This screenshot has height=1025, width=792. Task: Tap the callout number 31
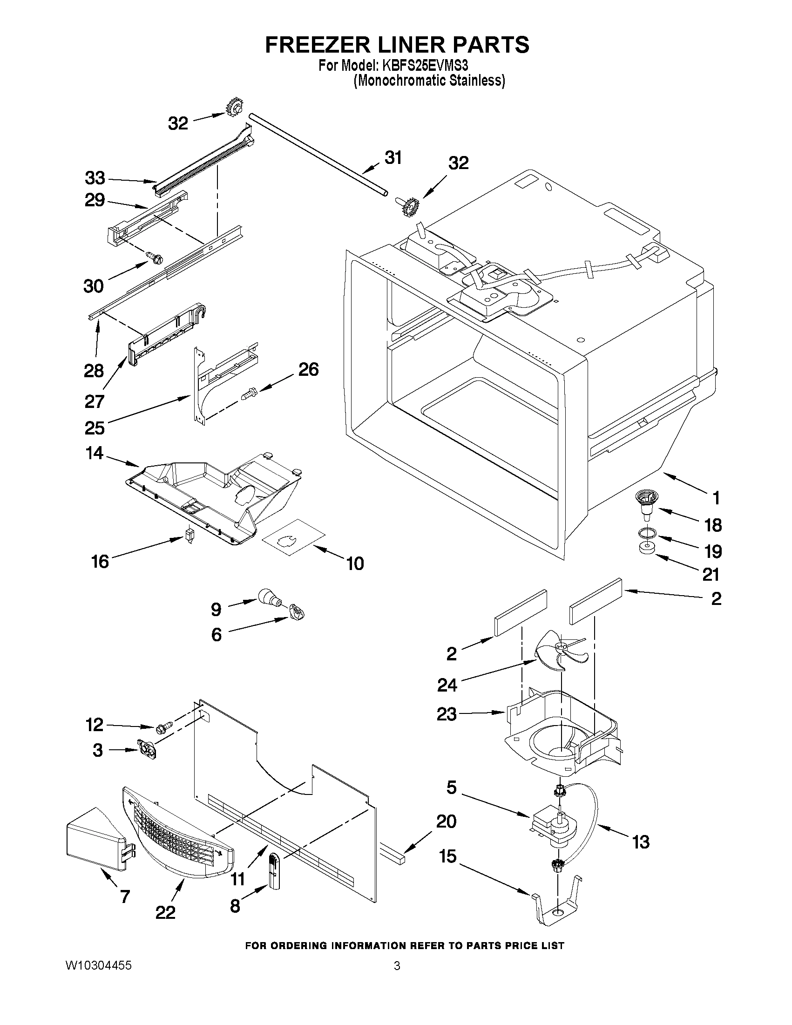tap(393, 158)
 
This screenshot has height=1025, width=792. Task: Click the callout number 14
tap(95, 453)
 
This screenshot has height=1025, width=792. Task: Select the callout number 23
tap(447, 714)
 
